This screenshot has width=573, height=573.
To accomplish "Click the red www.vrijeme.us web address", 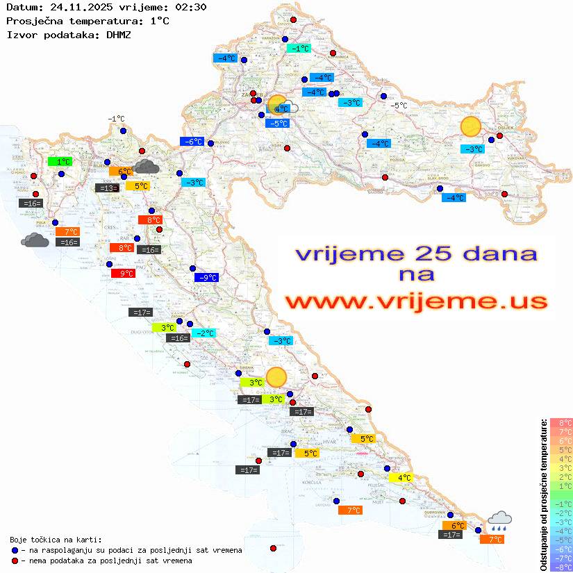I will point(415,301).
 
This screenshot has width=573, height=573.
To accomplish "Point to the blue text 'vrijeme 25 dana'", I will point(415,254).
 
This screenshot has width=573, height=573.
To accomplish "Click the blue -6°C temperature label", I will point(192,142).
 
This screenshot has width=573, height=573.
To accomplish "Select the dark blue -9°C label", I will point(207,278).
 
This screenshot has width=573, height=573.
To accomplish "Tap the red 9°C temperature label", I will point(123,274).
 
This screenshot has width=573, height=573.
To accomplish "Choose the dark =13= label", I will point(106,188).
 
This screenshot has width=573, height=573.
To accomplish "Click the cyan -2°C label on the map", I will point(204,333).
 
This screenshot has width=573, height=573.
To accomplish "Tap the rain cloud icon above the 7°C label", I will point(499,520).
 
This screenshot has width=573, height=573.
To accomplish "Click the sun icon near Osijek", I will point(471,126).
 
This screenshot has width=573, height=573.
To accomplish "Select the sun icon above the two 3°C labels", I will point(276,376).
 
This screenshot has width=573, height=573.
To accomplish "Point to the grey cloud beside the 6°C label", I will point(146,166).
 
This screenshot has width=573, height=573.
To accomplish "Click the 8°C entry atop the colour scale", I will point(560,422).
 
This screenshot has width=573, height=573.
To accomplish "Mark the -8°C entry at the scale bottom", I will point(560,567).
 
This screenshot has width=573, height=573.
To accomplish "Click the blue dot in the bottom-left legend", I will point(15,550).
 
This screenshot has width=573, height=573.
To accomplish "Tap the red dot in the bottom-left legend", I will point(15,560).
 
